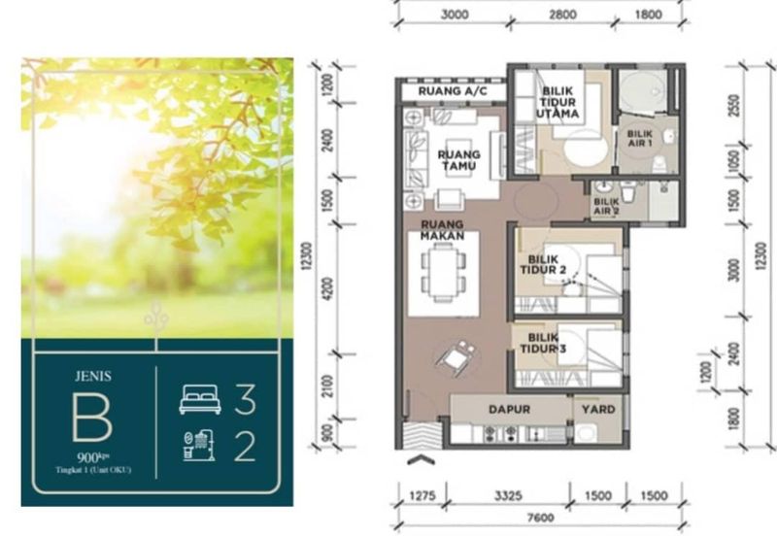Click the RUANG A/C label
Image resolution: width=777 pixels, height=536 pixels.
447,92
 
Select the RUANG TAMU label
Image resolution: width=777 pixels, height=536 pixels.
457,159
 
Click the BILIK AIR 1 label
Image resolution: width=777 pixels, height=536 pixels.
640,138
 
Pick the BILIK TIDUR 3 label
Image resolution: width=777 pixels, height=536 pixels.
543,343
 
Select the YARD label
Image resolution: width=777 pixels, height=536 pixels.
598,410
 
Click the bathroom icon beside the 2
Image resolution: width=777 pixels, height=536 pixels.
199,445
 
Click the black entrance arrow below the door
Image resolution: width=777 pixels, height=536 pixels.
420,459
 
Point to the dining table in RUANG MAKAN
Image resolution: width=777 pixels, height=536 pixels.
442,273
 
